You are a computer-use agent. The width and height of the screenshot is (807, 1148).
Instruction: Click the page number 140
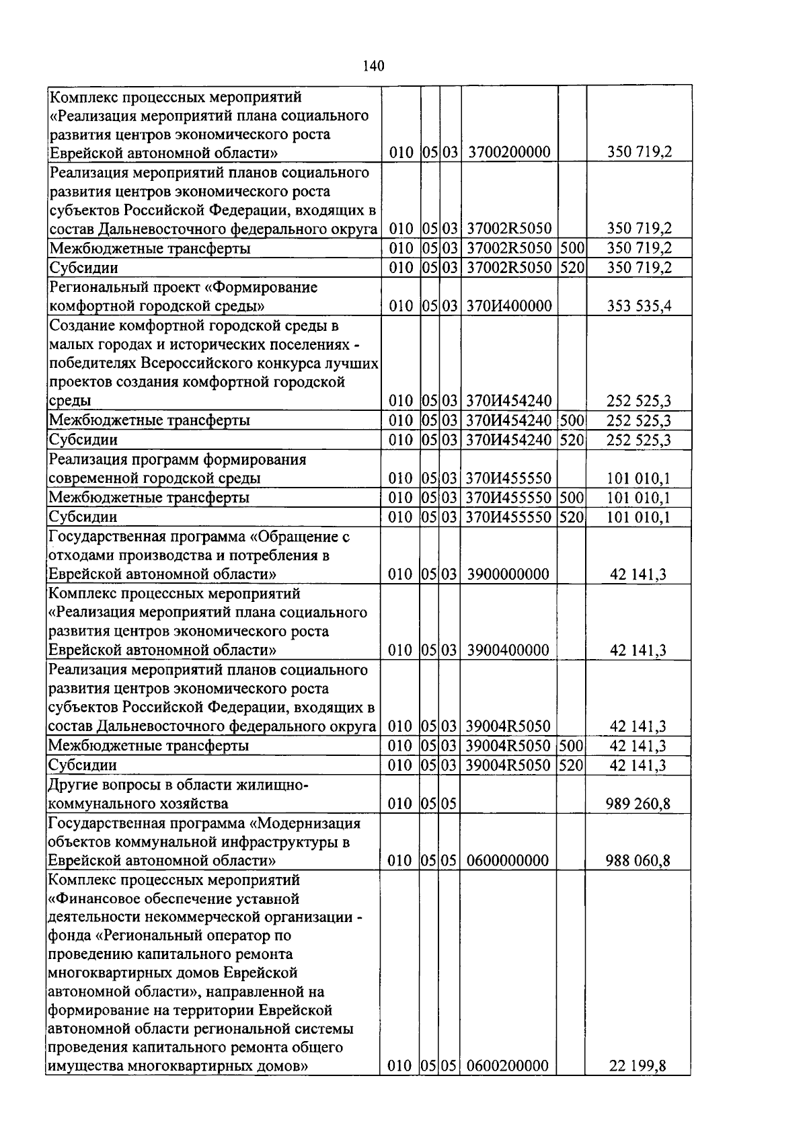373,65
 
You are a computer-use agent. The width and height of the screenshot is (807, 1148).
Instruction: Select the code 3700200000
509,153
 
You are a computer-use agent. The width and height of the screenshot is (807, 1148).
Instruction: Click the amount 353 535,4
638,307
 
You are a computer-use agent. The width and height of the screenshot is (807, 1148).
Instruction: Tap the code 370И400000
509,307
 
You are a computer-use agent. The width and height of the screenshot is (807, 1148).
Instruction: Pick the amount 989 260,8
638,804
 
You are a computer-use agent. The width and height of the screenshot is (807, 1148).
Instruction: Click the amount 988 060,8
638,861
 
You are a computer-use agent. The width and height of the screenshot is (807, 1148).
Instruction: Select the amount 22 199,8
638,1066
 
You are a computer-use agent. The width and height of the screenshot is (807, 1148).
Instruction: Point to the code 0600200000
508,1066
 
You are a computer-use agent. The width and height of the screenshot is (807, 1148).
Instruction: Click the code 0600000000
508,861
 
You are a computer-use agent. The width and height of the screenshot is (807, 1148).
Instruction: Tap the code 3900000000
508,574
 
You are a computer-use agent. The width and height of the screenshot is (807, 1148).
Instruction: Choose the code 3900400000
508,650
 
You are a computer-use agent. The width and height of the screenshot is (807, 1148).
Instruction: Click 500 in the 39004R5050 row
572,746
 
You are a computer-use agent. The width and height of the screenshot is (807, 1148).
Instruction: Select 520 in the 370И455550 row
572,517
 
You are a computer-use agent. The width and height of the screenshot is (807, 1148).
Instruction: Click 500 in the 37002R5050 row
572,249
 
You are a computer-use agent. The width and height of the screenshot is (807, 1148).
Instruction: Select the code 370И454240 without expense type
509,401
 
